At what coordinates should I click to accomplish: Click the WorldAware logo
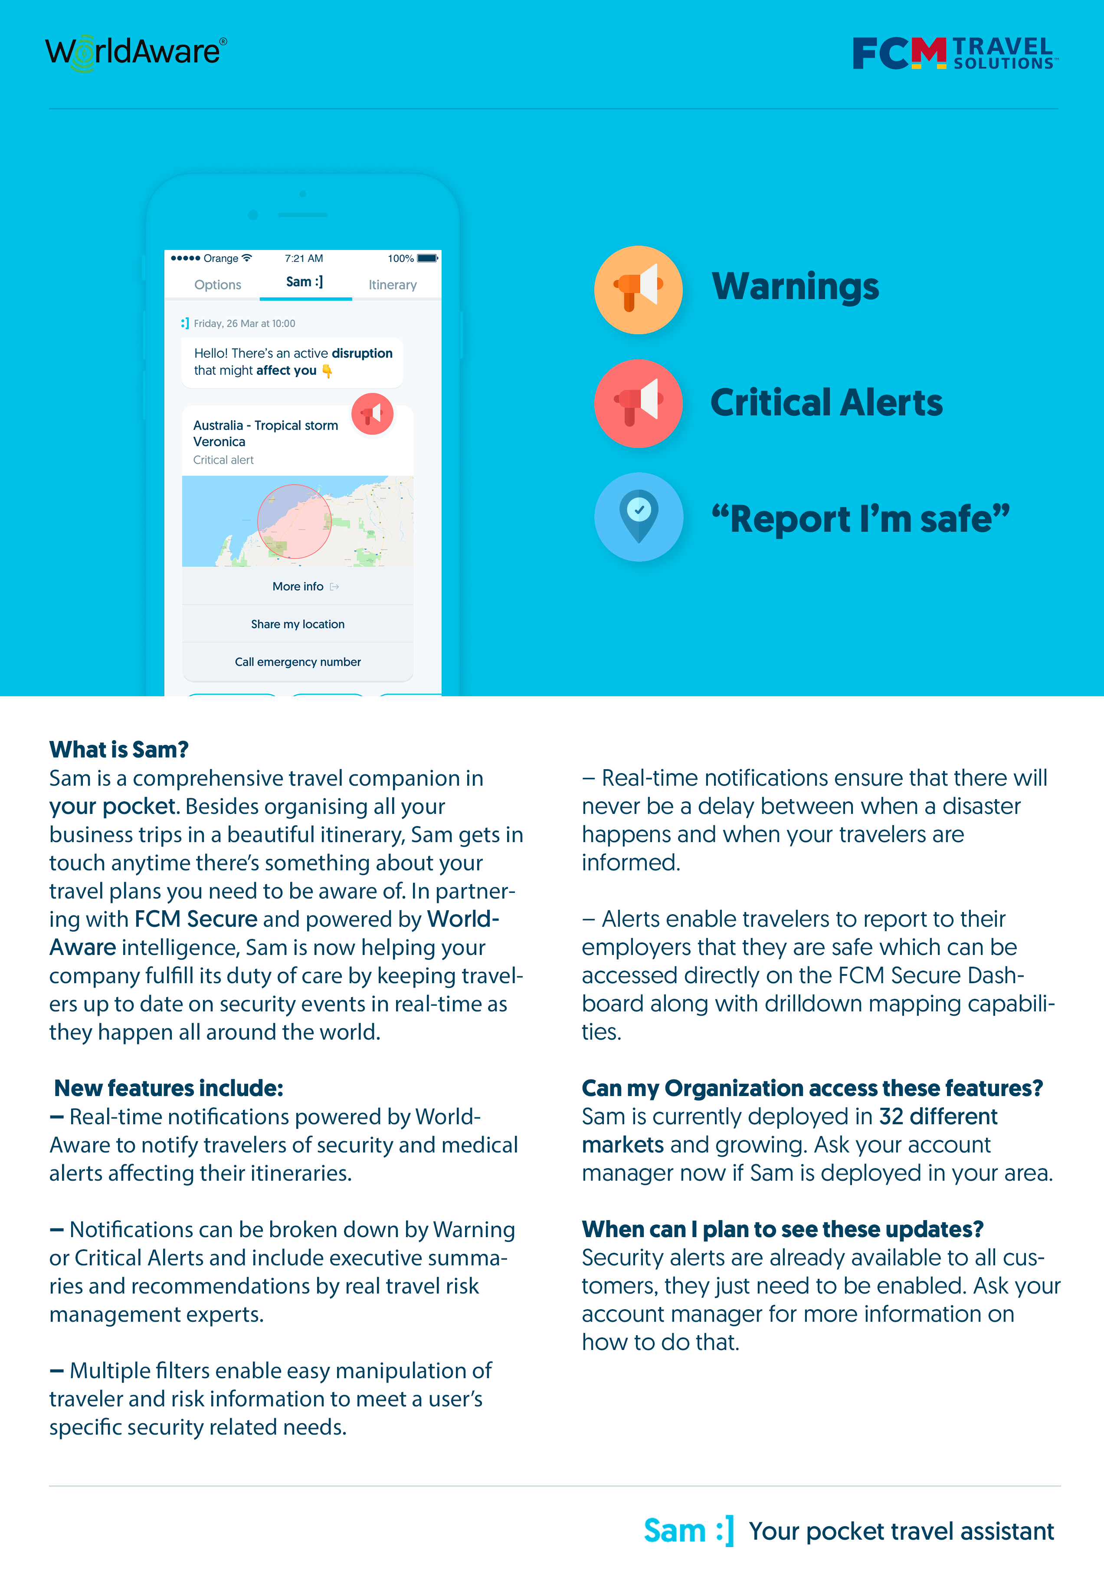pyautogui.click(x=135, y=52)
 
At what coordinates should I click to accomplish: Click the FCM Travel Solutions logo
pyautogui.click(x=954, y=53)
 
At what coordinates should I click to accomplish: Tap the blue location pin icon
pyautogui.click(x=639, y=517)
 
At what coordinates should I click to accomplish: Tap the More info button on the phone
pyautogui.click(x=298, y=586)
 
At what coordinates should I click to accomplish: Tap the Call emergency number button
pyautogui.click(x=298, y=662)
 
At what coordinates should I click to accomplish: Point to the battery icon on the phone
pyautogui.click(x=427, y=258)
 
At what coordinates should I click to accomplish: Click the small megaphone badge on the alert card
pyautogui.click(x=372, y=414)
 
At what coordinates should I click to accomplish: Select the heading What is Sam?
pyautogui.click(x=119, y=749)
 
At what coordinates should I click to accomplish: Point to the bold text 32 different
pyautogui.click(x=938, y=1117)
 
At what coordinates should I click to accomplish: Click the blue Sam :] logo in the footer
pyautogui.click(x=688, y=1531)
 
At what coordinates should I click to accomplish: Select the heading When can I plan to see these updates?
pyautogui.click(x=782, y=1229)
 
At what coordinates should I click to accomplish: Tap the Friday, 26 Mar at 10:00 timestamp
pyautogui.click(x=244, y=323)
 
